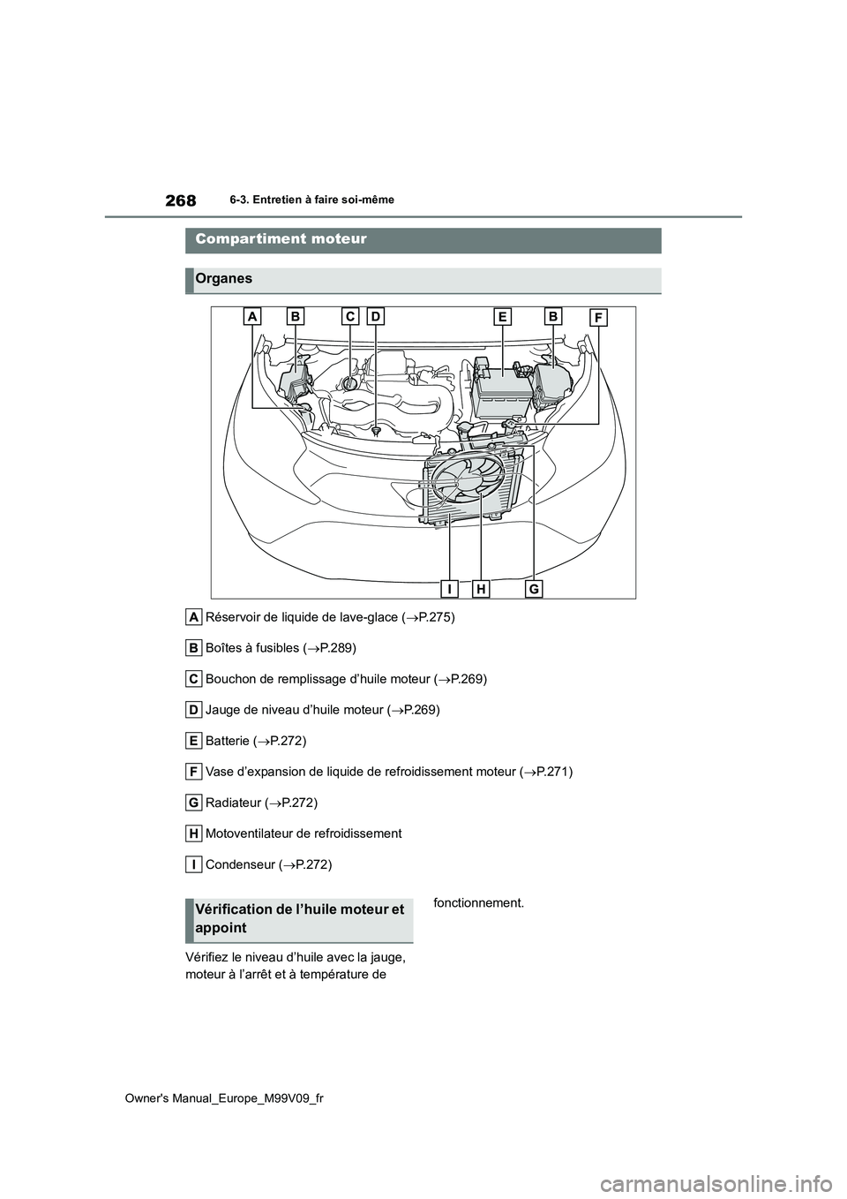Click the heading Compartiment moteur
(281, 239)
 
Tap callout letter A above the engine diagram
(252, 316)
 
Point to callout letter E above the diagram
(503, 316)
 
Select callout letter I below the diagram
(450, 588)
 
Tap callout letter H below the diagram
(481, 588)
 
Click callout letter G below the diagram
(534, 588)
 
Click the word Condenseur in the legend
(238, 864)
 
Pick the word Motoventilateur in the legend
(250, 833)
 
